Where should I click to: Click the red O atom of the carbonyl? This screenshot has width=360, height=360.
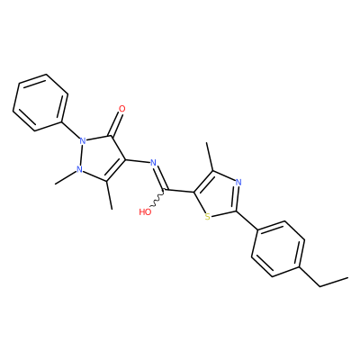[x=121, y=109]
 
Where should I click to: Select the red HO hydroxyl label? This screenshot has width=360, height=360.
[x=145, y=212]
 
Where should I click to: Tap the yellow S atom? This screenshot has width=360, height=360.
[x=207, y=216]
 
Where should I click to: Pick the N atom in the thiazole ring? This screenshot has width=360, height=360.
[x=238, y=182]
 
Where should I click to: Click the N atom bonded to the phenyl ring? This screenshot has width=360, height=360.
[x=83, y=140]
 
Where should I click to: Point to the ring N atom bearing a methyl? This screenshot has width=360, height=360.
[x=79, y=169]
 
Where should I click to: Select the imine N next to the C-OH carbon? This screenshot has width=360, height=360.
[x=153, y=163]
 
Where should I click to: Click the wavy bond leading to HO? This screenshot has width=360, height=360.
[x=157, y=199]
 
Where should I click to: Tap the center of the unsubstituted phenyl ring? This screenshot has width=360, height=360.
[x=40, y=103]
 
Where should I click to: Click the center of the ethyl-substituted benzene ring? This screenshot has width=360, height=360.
[x=278, y=249]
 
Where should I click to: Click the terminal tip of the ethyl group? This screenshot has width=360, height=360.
[x=348, y=277]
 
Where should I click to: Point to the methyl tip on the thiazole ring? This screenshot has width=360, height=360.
[x=207, y=142]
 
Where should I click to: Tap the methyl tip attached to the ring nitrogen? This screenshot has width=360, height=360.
[x=56, y=184]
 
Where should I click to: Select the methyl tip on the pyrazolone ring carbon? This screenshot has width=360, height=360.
[x=112, y=209]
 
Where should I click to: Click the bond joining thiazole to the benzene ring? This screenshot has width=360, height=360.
[x=247, y=221]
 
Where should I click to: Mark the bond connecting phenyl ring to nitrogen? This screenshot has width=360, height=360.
[x=71, y=130]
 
